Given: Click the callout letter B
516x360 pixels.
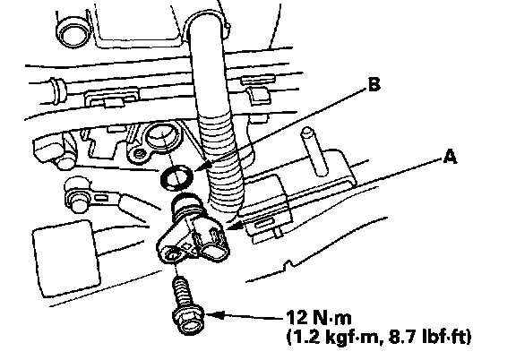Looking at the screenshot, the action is click(374, 84).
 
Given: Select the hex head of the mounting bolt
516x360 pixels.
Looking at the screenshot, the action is click(188, 320).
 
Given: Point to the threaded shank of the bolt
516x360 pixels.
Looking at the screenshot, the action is click(182, 292).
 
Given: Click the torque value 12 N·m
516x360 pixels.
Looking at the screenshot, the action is click(319, 318).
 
